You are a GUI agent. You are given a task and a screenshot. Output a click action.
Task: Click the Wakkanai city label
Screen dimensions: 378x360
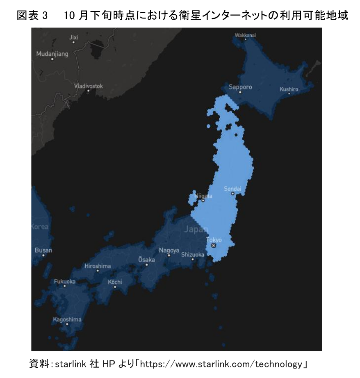point(245,35)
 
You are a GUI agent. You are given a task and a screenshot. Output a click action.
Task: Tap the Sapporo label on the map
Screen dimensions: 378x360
point(240,87)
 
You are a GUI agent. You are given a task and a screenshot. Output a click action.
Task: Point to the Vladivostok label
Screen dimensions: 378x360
point(89,86)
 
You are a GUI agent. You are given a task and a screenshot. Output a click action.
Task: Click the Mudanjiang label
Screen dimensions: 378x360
point(52,54)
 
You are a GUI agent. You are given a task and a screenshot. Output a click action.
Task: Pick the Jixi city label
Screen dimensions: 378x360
point(73,37)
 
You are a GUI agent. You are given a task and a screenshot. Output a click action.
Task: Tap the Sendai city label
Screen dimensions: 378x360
point(232,189)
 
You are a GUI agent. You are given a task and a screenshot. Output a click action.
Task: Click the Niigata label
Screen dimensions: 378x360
point(203,196)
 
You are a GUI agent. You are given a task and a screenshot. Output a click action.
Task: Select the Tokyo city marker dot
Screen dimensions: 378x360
point(213,245)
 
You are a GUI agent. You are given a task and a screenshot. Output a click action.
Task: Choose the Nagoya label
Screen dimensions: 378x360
point(169,250)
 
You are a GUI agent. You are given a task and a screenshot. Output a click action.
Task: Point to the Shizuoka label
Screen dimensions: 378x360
point(192,255)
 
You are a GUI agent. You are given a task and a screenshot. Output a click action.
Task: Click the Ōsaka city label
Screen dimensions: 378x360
point(146,260)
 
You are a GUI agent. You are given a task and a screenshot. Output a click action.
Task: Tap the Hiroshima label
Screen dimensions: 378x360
point(98,266)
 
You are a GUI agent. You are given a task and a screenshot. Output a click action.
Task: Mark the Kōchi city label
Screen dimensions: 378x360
point(115,282)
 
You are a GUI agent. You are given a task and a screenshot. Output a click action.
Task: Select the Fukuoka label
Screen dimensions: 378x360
point(64,282)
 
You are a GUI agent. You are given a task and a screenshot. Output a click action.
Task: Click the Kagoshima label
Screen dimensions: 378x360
point(67,319)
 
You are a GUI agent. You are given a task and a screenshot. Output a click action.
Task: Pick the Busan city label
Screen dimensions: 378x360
point(43,250)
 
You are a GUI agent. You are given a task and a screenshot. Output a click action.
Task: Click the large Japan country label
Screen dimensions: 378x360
point(196,230)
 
